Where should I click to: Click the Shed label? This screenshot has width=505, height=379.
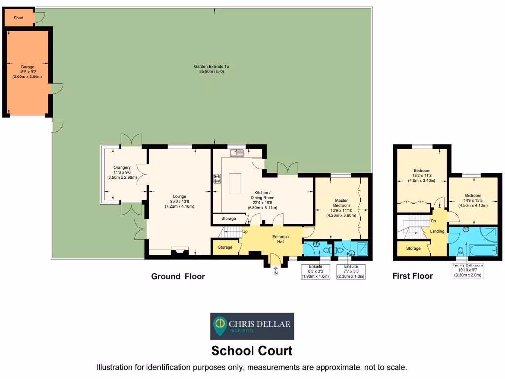tap(18, 17)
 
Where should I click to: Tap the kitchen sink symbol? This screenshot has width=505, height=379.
tap(237, 153)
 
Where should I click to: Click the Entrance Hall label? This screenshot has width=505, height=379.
tap(280, 239)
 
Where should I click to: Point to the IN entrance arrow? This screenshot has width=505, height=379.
tap(275, 270)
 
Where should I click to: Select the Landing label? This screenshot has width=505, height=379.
tap(437, 231)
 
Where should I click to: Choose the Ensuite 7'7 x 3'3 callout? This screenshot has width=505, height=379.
tap(351, 271)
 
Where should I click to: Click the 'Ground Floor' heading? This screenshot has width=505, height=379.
tap(178, 276)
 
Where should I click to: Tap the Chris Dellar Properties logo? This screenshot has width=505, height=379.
tap(252, 326)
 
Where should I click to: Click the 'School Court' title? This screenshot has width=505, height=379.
tap(252, 351)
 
